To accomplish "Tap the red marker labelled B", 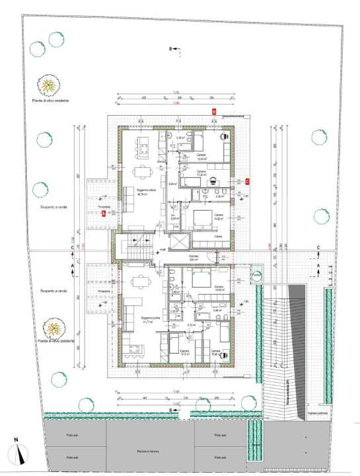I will [x=213, y=112].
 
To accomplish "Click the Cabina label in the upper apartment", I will [x=217, y=236].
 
